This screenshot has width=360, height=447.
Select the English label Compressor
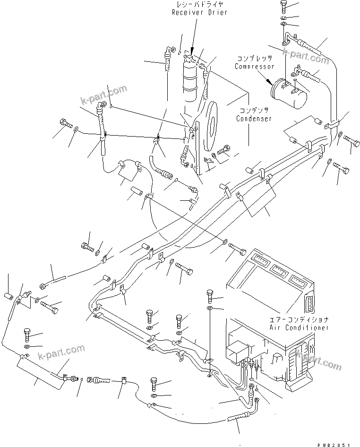[255, 67]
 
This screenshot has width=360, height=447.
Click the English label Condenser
[255, 119]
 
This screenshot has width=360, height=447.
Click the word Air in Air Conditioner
[276, 327]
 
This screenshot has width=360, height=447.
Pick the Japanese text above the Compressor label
[255, 59]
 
